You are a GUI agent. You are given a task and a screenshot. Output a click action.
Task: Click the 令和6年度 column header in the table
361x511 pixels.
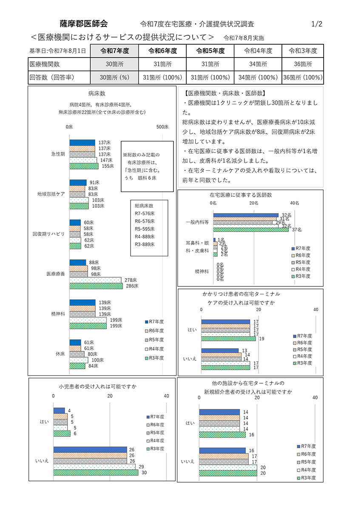click(x=163, y=51)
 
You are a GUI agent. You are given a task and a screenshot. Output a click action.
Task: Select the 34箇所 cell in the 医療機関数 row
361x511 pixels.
click(x=258, y=64)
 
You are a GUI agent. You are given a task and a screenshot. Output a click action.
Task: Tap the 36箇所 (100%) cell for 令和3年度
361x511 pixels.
click(x=302, y=78)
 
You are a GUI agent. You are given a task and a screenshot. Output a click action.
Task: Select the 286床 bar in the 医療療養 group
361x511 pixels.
click(x=96, y=286)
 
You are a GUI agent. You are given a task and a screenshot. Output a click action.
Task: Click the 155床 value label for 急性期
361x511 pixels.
click(x=108, y=166)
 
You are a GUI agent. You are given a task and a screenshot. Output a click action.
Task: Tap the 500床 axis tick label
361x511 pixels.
click(x=163, y=127)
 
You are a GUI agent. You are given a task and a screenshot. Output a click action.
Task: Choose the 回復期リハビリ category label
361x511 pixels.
click(x=49, y=234)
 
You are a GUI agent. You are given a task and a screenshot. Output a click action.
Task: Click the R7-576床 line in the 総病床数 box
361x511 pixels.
click(x=145, y=213)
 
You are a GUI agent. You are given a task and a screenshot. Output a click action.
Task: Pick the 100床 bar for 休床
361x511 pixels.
click(x=79, y=360)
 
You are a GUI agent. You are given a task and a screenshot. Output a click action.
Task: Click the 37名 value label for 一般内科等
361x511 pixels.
click(x=296, y=230)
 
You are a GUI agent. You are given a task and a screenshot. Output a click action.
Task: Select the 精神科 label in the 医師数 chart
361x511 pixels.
click(x=202, y=271)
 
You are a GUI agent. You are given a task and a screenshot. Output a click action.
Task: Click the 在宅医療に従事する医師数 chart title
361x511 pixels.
click(x=241, y=195)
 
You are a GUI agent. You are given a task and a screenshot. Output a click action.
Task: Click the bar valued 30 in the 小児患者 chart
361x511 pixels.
click(x=96, y=472)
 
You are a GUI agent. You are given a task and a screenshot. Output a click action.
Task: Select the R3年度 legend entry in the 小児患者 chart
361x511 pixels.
click(x=155, y=448)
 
